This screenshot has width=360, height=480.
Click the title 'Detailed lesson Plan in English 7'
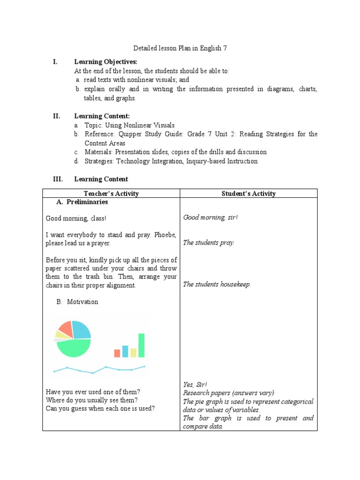tap(180, 48)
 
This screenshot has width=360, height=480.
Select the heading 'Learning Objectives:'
tap(105, 62)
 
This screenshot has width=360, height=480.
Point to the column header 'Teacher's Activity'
tap(111, 194)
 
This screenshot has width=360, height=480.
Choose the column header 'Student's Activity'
tap(248, 194)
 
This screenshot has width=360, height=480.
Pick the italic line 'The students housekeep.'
tap(217, 284)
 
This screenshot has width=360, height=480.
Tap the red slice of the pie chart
tap(65, 329)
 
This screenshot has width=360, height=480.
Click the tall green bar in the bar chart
tap(141, 345)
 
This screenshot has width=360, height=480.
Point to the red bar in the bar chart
tap(117, 353)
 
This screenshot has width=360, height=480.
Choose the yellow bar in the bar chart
tap(133, 352)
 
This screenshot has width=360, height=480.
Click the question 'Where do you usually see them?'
tap(92, 400)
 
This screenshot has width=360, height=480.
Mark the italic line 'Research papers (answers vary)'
tap(228, 393)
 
